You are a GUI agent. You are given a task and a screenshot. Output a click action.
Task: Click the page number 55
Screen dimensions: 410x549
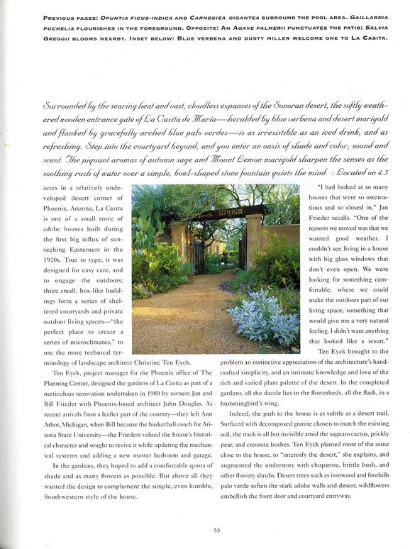pos(205,528)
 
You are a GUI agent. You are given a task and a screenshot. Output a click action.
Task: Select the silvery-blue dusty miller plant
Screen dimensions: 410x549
pos(263,320)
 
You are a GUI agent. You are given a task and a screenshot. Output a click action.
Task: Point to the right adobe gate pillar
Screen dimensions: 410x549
pos(253,245)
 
